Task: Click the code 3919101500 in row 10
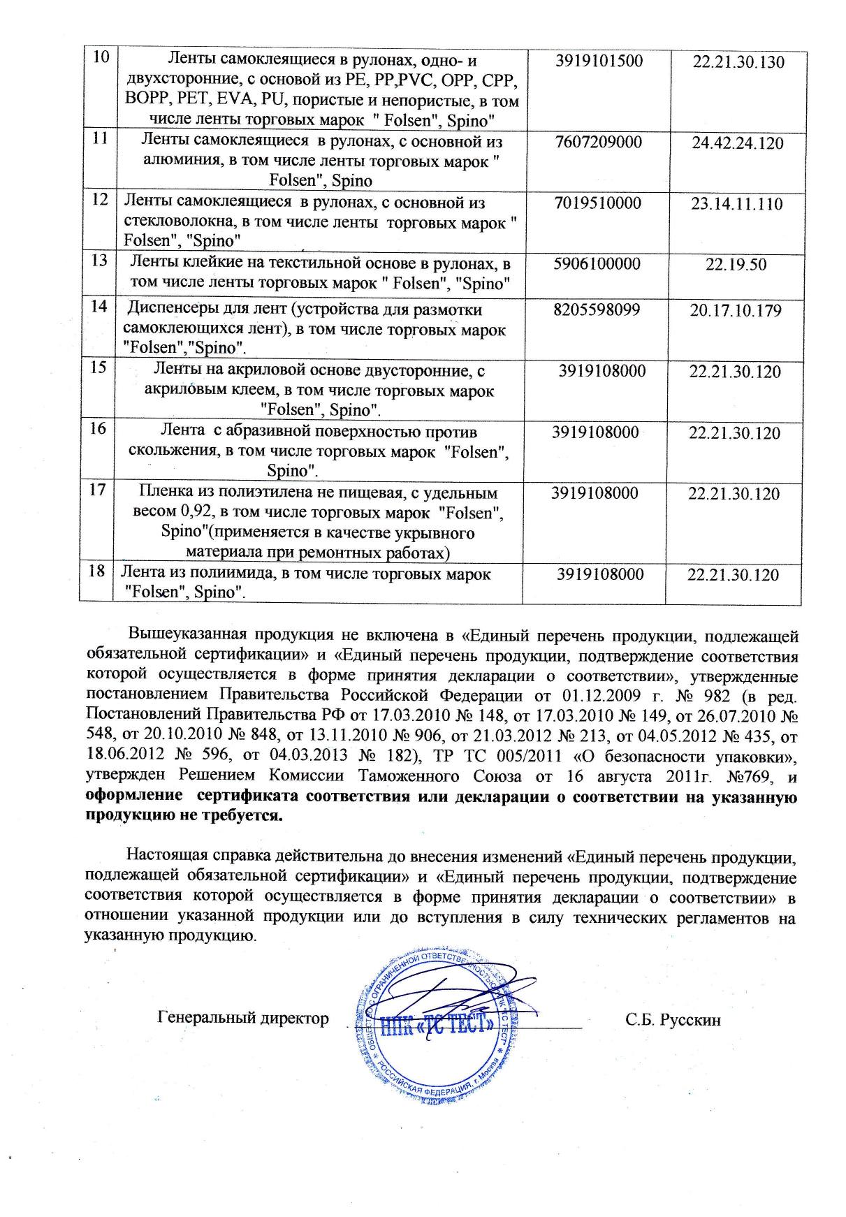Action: (x=598, y=61)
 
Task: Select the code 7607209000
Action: (x=598, y=143)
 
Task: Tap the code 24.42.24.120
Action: (x=738, y=143)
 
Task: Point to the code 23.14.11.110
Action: (x=737, y=204)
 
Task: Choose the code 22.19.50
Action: (x=736, y=265)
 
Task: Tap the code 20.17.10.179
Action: (x=736, y=310)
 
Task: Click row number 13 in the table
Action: (x=99, y=261)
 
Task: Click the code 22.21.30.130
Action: (x=738, y=62)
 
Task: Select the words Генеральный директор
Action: (x=243, y=1018)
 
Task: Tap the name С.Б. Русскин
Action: (x=673, y=1021)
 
